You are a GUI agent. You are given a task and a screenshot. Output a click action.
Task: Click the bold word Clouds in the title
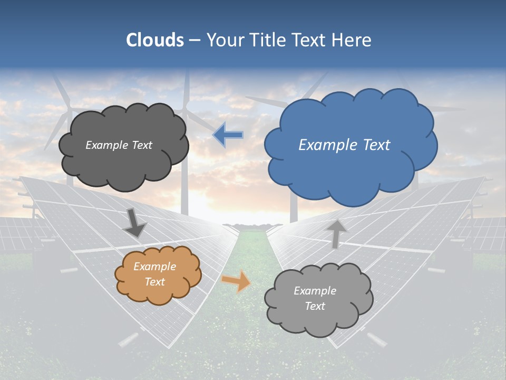coord(155,40)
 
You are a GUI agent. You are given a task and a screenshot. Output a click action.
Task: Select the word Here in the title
coord(353,40)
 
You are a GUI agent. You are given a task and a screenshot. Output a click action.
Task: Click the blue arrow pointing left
coord(228,135)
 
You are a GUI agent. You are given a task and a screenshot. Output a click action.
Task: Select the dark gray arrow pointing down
coord(134,223)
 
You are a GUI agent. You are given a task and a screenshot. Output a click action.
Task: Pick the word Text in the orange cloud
coord(155,282)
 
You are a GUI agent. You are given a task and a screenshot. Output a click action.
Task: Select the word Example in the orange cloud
coord(154,267)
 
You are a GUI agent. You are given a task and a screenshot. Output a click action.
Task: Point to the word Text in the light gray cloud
coord(315,306)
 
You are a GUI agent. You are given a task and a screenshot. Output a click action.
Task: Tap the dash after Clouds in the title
coord(194,41)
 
